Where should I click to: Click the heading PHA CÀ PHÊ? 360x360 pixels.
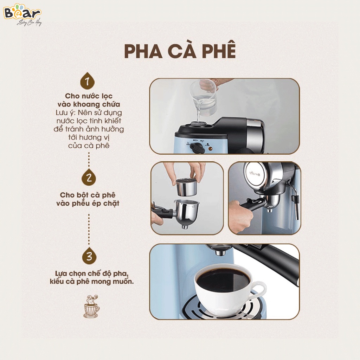click(x=180, y=52)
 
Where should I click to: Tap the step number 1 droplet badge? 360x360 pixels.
click(x=88, y=82)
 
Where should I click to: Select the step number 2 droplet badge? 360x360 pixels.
click(x=89, y=178)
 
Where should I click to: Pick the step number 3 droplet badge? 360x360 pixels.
click(x=89, y=256)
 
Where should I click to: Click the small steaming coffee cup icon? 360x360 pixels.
click(x=91, y=307)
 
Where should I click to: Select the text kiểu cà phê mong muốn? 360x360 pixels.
click(x=91, y=282)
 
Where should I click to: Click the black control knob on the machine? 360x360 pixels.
click(x=198, y=148)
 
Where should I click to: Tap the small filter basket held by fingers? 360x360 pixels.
click(x=186, y=187)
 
